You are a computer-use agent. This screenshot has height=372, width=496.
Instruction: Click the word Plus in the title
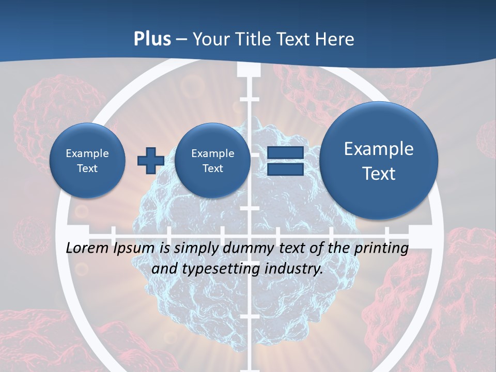point(152,39)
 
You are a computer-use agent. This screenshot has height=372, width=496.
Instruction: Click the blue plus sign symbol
point(150,161)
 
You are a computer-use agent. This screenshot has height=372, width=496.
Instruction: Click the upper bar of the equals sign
point(285,153)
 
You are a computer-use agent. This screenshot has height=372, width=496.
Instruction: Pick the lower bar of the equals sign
point(285,169)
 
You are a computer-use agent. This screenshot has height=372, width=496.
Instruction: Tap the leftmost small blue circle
point(87,161)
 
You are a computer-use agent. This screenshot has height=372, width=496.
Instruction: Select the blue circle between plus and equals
point(212,161)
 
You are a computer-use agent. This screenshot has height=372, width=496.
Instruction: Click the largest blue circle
point(379,161)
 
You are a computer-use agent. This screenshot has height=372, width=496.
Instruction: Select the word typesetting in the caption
point(220,269)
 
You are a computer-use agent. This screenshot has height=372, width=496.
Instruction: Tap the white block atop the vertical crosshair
point(250,69)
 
